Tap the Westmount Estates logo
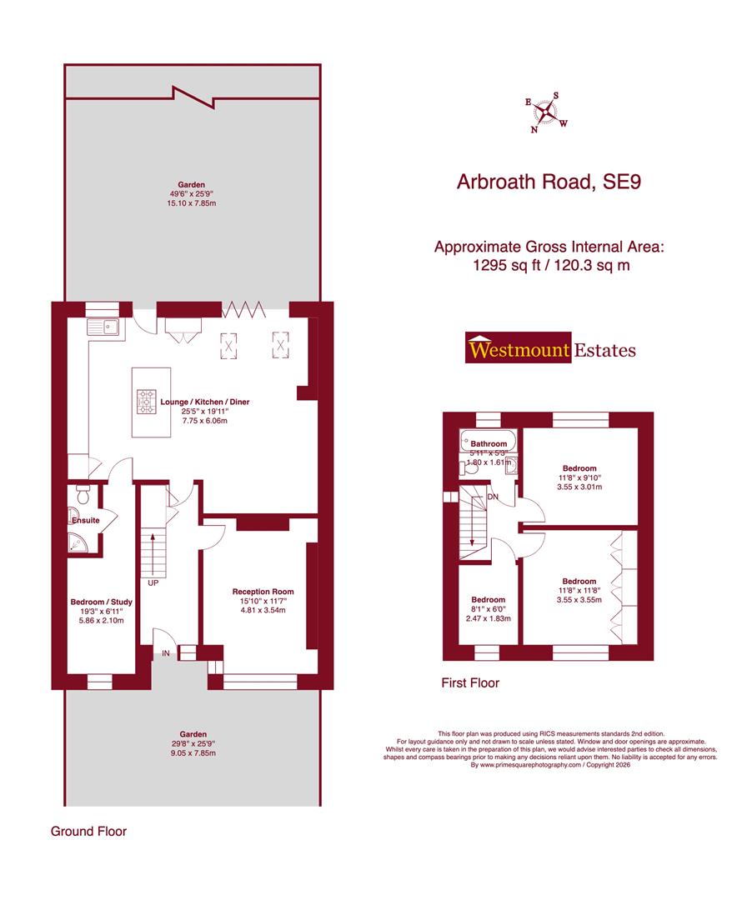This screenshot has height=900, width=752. coord(549,349)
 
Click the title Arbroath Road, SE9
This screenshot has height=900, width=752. coord(549,182)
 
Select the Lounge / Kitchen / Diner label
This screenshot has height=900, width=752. coord(205,402)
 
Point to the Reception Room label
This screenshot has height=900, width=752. coord(263,592)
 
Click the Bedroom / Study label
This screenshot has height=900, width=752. coord(99,600)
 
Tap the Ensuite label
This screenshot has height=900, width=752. coord(85,521)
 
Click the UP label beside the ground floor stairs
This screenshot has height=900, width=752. coord(153,583)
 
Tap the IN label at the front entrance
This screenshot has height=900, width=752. coord(166,654)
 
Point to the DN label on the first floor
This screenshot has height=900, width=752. coord(494,497)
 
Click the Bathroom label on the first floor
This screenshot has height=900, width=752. coord(489,444)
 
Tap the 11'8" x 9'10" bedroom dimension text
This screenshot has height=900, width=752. coord(579,477)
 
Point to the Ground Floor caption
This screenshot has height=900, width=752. coord(88,831)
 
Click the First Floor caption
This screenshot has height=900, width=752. coord(470,683)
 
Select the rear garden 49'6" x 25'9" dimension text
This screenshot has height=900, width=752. coord(191,195)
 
